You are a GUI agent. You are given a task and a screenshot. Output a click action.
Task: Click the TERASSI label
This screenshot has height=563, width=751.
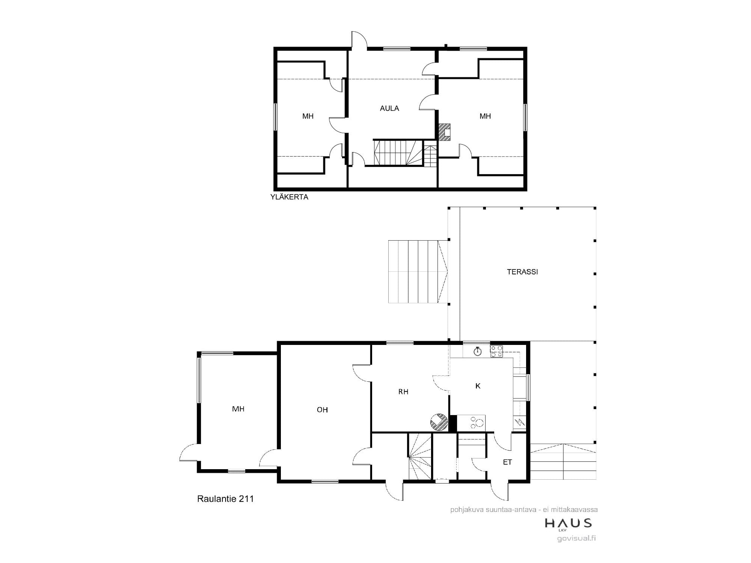point(522,272)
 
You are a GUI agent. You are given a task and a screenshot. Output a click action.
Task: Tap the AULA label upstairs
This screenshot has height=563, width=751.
point(389,108)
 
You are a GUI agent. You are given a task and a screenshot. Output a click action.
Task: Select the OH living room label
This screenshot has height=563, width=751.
point(322,410)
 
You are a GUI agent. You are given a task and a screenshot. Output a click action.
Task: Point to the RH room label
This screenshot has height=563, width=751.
point(403,392)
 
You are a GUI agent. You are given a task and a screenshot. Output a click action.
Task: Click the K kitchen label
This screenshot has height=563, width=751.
point(478,386)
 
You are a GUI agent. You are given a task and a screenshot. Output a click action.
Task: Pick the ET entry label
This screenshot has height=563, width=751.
point(507,462)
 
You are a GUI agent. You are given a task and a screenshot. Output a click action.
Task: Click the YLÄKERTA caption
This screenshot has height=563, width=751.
point(289,197)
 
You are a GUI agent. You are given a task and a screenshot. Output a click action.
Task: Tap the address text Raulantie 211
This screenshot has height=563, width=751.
point(225,499)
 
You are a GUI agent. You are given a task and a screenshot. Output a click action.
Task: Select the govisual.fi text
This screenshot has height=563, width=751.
point(577,538)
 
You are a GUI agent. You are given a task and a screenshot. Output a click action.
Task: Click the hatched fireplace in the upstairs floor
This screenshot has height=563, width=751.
point(445,132)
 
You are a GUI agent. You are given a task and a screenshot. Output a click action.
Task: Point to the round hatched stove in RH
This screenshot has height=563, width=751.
point(439,423)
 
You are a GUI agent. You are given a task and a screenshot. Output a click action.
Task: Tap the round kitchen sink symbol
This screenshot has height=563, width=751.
point(478,352)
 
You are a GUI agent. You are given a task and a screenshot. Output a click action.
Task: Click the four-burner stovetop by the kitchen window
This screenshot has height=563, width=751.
point(496,351)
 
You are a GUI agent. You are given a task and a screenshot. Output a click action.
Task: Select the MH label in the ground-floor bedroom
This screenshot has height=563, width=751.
point(238,409)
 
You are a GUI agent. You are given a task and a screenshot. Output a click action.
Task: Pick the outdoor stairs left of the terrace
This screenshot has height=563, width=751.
point(418,271)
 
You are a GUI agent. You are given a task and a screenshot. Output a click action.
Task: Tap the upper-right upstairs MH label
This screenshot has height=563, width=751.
point(485,116)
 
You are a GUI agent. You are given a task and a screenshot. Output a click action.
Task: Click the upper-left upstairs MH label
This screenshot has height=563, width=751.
point(308,116)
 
